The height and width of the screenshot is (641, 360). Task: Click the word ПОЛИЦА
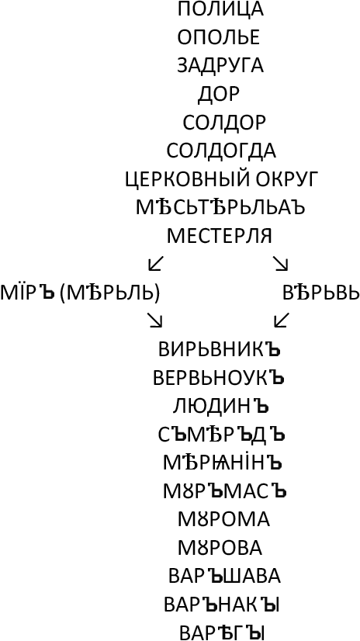point(220,9)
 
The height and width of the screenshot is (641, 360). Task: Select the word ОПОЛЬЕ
point(219,37)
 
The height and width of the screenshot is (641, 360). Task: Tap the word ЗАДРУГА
point(220,66)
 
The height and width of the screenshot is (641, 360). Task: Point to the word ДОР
point(219,94)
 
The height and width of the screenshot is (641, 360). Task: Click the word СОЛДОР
point(224,123)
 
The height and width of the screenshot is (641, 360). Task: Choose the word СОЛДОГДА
point(221,151)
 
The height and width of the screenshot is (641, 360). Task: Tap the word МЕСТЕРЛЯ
point(220,236)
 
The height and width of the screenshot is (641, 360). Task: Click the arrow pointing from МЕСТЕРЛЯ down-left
point(156,264)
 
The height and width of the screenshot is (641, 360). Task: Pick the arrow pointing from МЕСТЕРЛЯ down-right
point(281,264)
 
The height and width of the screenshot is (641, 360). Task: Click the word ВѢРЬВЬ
point(320,293)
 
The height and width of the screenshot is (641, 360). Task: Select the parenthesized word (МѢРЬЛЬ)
point(109,293)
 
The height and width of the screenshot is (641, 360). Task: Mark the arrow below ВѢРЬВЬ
point(282,320)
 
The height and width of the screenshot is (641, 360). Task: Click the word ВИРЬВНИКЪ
point(220,349)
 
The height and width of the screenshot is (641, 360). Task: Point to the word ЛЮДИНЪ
point(220,406)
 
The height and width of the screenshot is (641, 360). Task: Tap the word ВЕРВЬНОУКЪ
point(219,378)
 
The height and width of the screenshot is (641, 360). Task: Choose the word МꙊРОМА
point(223,519)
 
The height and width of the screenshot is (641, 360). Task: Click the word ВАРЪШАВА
point(224,576)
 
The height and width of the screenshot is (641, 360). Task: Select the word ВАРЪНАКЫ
point(222,605)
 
